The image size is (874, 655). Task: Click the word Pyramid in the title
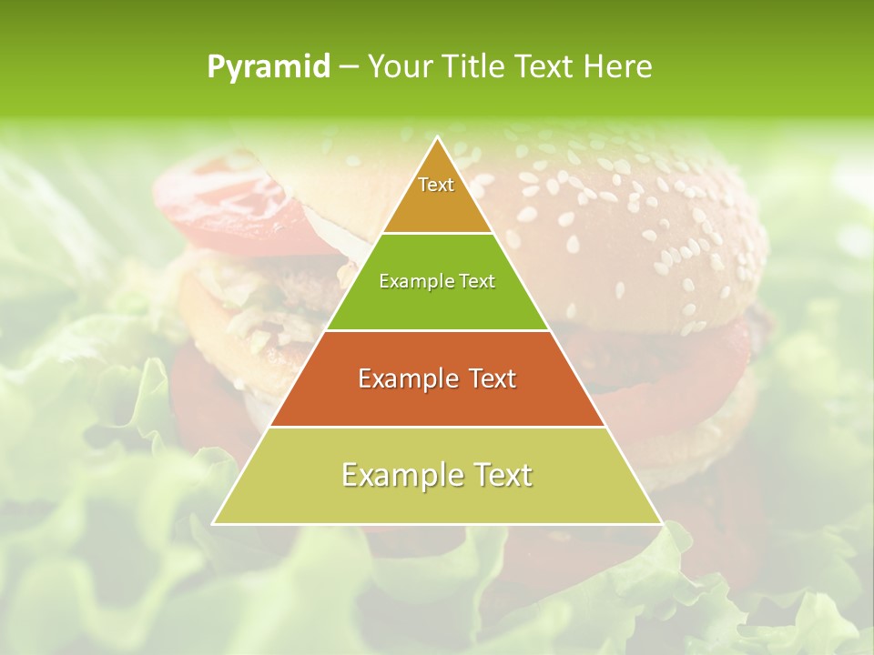pos(269,67)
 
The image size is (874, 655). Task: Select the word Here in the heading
pos(618,67)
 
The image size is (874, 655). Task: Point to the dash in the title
pos(348,67)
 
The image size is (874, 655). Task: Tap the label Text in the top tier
pos(436,185)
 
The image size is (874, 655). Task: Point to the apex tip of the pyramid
pos(438,138)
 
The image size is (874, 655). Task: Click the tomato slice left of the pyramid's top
pos(228,200)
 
